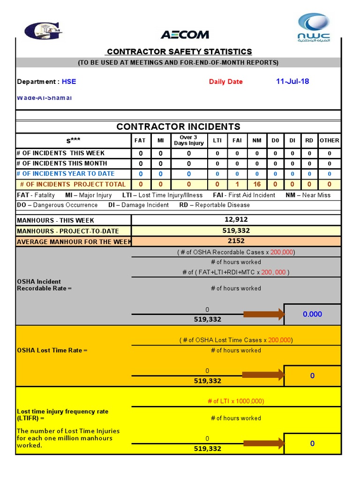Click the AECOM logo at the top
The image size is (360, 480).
[185, 35]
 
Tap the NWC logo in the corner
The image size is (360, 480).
[314, 29]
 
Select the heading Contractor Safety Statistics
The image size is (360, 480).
[179, 52]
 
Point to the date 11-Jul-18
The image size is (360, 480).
[292, 81]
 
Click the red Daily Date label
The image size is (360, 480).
[225, 82]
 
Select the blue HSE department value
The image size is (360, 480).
[69, 82]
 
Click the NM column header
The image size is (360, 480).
[256, 140]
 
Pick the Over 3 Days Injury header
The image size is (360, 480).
[188, 140]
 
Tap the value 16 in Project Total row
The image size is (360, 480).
[256, 184]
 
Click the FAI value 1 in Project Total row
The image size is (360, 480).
[237, 184]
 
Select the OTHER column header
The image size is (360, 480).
[329, 140]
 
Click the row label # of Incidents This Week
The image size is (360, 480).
[61, 153]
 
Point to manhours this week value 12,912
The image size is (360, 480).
[236, 219]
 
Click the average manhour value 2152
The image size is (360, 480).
[236, 241]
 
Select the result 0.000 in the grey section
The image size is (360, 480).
[312, 314]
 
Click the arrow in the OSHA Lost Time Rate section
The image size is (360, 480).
[263, 375]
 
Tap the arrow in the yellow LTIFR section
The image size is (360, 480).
[263, 443]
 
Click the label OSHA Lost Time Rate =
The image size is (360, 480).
[52, 350]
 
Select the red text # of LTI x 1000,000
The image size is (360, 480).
[236, 401]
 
